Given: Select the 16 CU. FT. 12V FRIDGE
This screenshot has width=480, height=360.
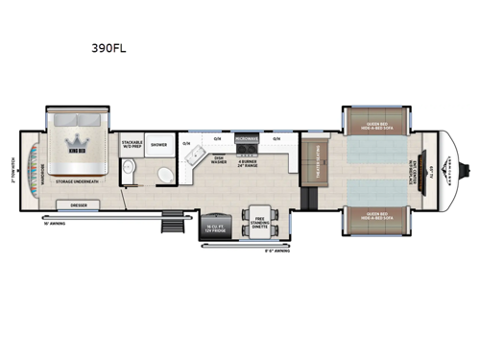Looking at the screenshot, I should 214,225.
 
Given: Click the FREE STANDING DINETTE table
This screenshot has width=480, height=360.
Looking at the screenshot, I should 258,220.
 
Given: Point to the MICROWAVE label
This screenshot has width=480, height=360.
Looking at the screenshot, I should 243,139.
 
